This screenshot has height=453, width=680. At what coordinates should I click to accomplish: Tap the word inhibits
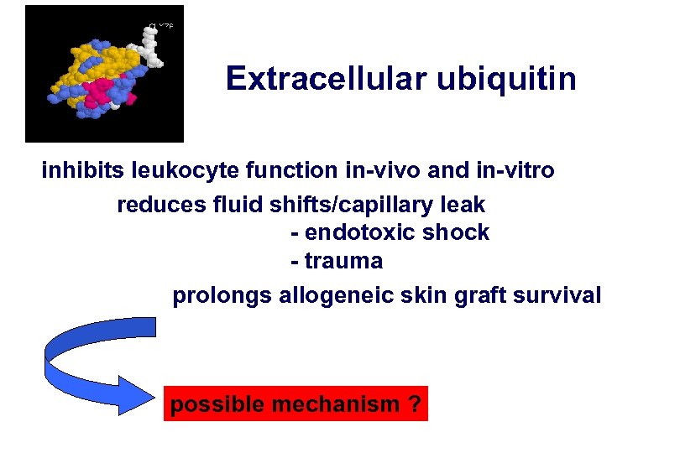[x=83, y=171]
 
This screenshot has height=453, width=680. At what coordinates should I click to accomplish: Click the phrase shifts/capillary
[x=350, y=204]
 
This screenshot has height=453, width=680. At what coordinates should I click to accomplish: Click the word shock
[x=458, y=232]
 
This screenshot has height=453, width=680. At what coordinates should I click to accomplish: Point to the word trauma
[x=343, y=262]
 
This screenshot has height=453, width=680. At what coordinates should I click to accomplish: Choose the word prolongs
[x=221, y=295]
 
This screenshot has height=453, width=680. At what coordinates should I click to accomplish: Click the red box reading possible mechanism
[x=296, y=404]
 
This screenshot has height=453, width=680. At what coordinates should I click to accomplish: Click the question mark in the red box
[x=413, y=404]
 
